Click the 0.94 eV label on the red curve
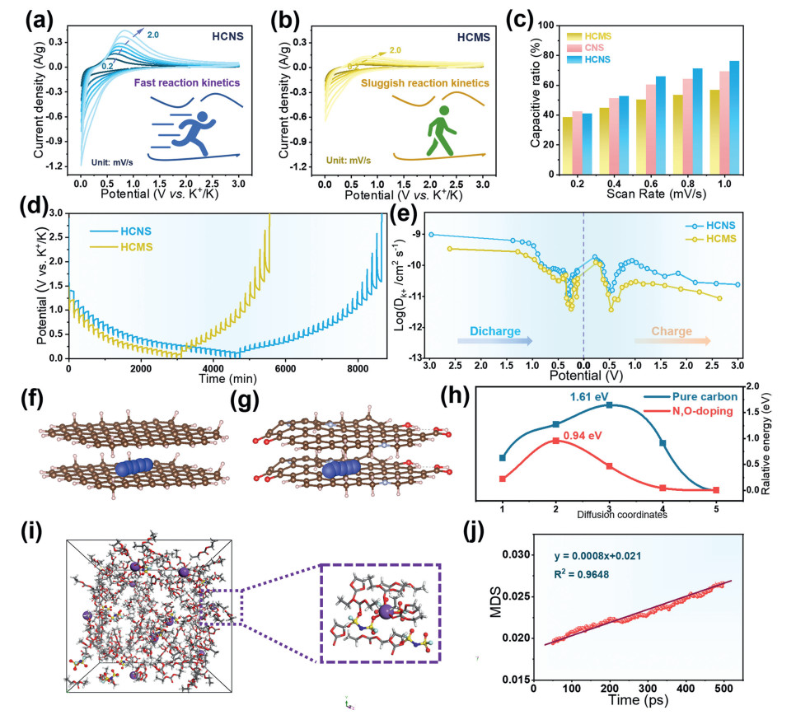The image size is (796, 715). click(576, 430)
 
